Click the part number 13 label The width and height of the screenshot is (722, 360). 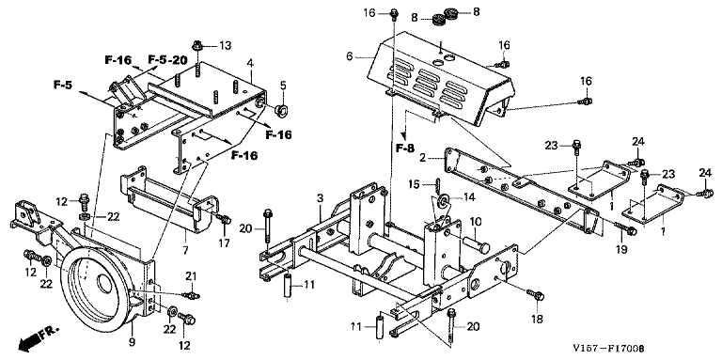pos(226,45)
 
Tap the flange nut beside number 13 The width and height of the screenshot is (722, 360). pos(197,45)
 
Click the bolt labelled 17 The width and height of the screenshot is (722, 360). pos(226,220)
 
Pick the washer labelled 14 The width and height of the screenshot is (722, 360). pos(445,199)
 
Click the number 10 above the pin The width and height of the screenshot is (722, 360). pos(476,222)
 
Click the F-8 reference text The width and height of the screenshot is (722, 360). pos(405,149)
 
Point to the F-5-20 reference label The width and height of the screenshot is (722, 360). pos(167,60)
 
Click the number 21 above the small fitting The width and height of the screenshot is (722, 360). pos(192,276)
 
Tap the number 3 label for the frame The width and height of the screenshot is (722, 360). pos(320,198)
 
